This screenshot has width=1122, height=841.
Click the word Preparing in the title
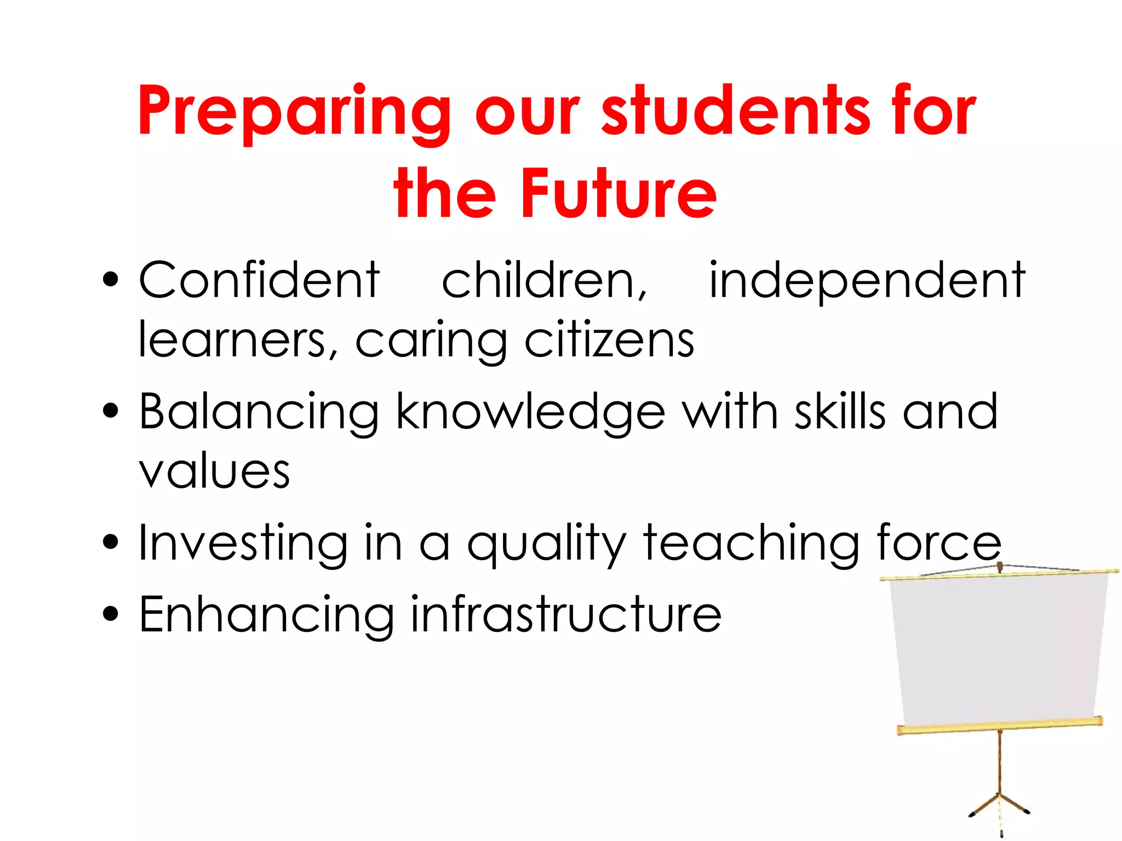coord(294,112)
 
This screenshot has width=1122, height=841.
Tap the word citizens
coord(609,340)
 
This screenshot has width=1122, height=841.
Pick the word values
coord(214,472)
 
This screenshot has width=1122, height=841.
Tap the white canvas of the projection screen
coord(997,652)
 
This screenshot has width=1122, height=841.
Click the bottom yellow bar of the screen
coord(1000,725)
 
